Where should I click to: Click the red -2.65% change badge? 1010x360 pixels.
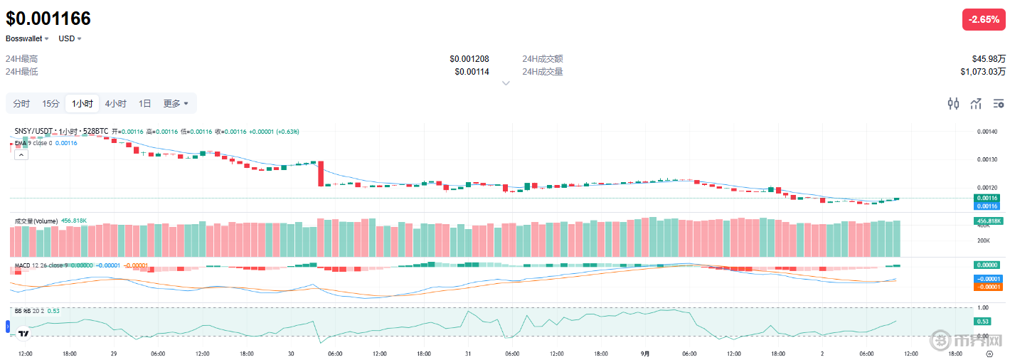984,20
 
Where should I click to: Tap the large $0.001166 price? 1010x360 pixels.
48,19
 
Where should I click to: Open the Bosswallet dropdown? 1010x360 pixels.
28,38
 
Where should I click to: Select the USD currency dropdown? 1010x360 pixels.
70,38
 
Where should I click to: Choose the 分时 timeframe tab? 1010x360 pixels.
21,104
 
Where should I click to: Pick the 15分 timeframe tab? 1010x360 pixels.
51,104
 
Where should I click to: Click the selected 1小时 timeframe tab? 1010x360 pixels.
82,104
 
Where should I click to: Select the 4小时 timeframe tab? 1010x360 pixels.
115,104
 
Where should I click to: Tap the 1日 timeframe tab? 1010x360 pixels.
144,104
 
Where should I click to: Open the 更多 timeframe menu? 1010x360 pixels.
176,104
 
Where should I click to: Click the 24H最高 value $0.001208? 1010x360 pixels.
469,59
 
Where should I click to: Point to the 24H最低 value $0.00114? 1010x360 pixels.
472,72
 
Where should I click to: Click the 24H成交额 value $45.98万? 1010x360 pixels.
989,59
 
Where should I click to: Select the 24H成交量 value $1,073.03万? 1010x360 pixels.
983,72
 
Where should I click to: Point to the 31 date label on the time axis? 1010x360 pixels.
467,353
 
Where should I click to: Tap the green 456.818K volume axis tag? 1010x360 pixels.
987,221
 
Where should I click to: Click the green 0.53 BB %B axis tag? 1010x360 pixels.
982,322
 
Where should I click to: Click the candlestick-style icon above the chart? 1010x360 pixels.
953,104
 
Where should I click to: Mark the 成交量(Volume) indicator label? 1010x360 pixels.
36,221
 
